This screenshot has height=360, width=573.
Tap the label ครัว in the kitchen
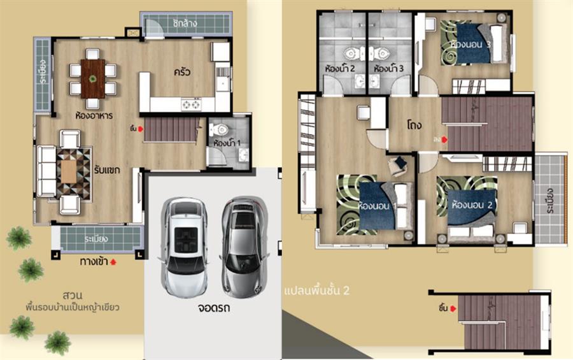pyautogui.click(x=183, y=72)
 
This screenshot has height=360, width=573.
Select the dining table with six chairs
pyautogui.click(x=93, y=78)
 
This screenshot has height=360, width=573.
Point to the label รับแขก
pyautogui.click(x=107, y=170)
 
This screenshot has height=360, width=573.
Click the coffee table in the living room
pyautogui.click(x=69, y=169)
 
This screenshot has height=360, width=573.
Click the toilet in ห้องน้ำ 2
pyautogui.click(x=350, y=52)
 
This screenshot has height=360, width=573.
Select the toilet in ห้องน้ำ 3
pyautogui.click(x=383, y=52)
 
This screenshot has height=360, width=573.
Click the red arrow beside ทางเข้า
pyautogui.click(x=114, y=261)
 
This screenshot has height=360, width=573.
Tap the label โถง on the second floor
pyautogui.click(x=416, y=124)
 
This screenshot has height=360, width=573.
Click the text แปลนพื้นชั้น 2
pyautogui.click(x=317, y=291)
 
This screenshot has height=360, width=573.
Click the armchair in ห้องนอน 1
pyautogui.click(x=400, y=165)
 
